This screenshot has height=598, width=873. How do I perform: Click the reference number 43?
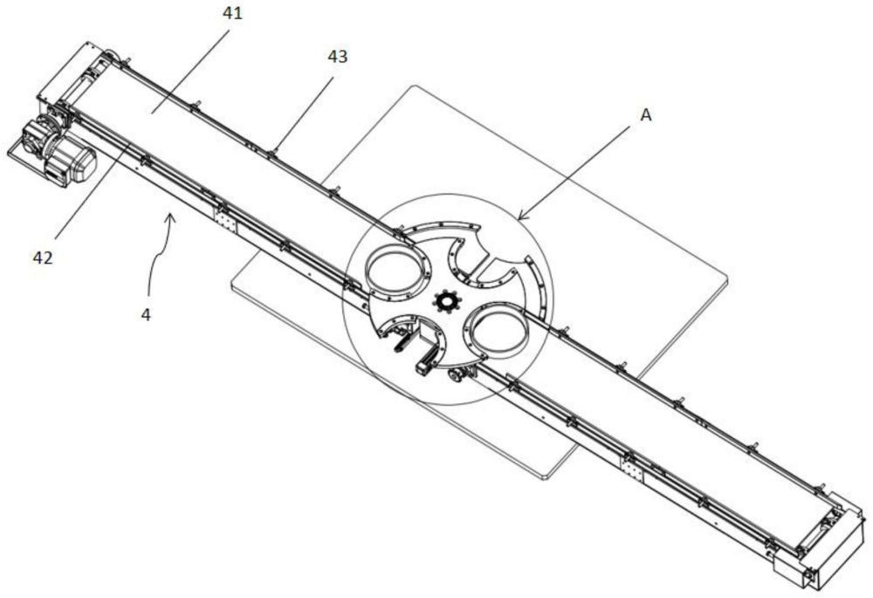[337, 57]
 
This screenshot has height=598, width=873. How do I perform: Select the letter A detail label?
[645, 114]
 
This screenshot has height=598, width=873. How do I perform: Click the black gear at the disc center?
[445, 302]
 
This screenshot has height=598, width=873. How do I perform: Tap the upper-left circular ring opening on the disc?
[396, 269]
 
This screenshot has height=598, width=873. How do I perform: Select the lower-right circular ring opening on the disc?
[498, 331]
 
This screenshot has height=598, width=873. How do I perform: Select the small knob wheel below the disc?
[455, 376]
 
